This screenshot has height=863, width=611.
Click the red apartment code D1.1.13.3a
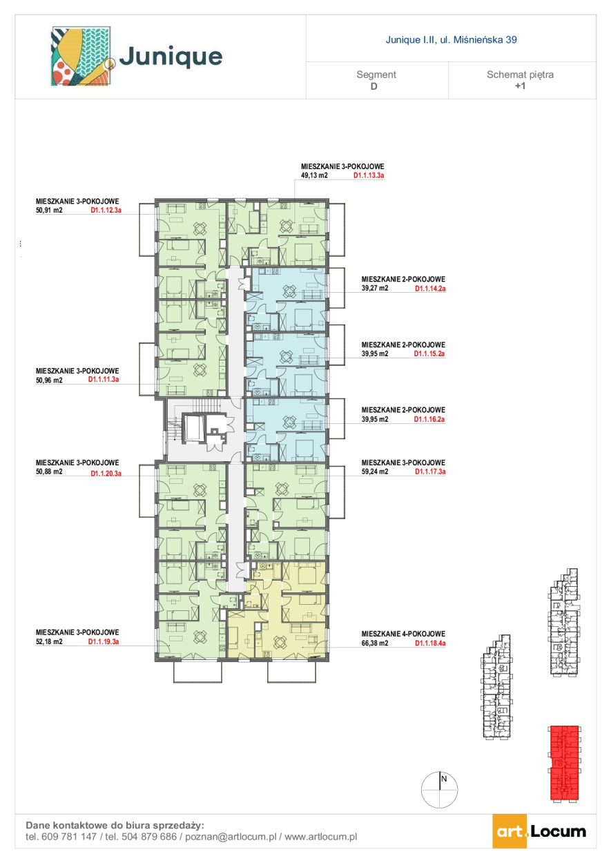pos(369,175)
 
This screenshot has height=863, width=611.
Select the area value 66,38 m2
pos(374,643)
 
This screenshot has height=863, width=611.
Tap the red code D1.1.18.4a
pos(430,643)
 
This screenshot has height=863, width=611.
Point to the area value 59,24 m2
pos(374,472)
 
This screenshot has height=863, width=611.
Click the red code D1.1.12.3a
pos(106,211)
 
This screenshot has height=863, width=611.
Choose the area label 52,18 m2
pos(49,641)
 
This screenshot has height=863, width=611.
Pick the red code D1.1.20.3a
pos(106,474)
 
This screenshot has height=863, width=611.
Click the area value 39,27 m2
pos(374,288)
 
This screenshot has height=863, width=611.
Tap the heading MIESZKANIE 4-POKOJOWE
pos(403,634)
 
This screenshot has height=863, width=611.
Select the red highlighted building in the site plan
pos(564,764)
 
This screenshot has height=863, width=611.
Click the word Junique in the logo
pos(171,57)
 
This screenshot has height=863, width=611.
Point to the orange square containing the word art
pos(510,831)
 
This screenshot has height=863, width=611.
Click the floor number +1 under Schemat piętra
pos(520,86)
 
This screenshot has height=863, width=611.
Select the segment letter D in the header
pos(374,86)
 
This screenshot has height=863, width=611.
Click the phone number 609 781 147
pos(69,837)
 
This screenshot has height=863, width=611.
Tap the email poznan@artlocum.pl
pos(231,837)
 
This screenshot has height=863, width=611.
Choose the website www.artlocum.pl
pos(321,837)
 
